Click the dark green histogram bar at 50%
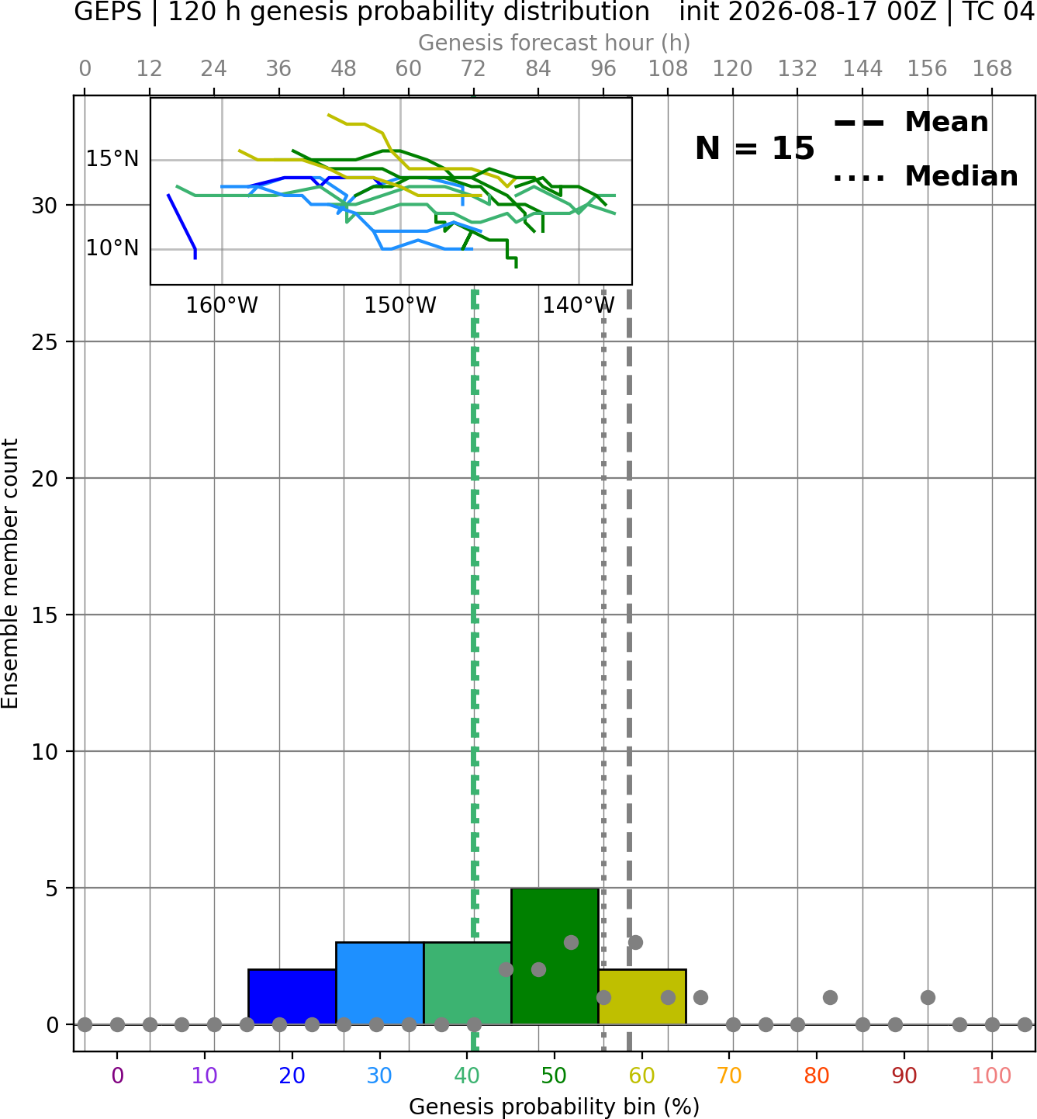tap(555, 956)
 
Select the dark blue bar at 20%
tap(292, 996)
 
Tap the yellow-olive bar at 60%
tap(642, 996)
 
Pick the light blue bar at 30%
tap(379, 983)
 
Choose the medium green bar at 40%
tap(467, 983)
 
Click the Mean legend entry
tap(911, 123)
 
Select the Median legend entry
tap(925, 176)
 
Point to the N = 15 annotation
tap(755, 148)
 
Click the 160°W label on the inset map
tap(221, 306)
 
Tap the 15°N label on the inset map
tap(112, 159)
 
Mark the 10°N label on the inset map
tap(112, 248)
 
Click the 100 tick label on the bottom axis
tap(991, 1076)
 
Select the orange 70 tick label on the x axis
tap(729, 1076)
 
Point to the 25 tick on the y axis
tap(44, 342)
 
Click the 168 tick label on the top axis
tap(992, 69)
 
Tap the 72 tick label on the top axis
tap(473, 69)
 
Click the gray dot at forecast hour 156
tap(928, 997)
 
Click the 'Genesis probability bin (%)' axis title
tap(555, 1107)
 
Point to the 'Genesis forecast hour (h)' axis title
tap(555, 43)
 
